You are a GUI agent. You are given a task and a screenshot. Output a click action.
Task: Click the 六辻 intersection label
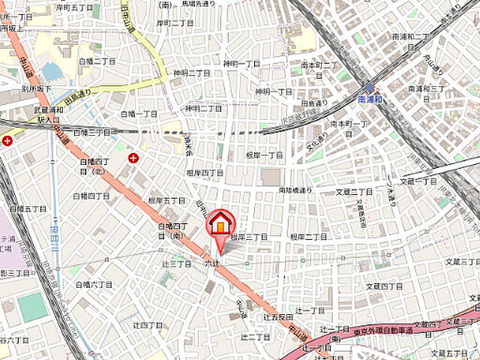pos(211,263)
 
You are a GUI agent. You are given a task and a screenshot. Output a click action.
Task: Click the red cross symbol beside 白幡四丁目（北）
pos(133,157)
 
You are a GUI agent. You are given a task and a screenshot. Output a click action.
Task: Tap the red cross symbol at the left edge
pos(7,140)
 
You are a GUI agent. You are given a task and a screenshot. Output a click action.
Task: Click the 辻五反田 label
pos(276,317)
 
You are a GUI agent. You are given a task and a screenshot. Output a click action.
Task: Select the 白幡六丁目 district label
pos(94,284)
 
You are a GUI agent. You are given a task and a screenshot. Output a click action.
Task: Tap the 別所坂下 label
pos(36,88)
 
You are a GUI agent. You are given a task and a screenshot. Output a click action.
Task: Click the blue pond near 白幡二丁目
pos(52,71)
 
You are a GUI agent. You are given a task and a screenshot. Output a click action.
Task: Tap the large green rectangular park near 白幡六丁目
pos(31,307)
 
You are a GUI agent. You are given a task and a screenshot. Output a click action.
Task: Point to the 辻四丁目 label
pos(147,325)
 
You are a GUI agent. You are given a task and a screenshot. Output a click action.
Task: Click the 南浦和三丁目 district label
pos(427,88)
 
